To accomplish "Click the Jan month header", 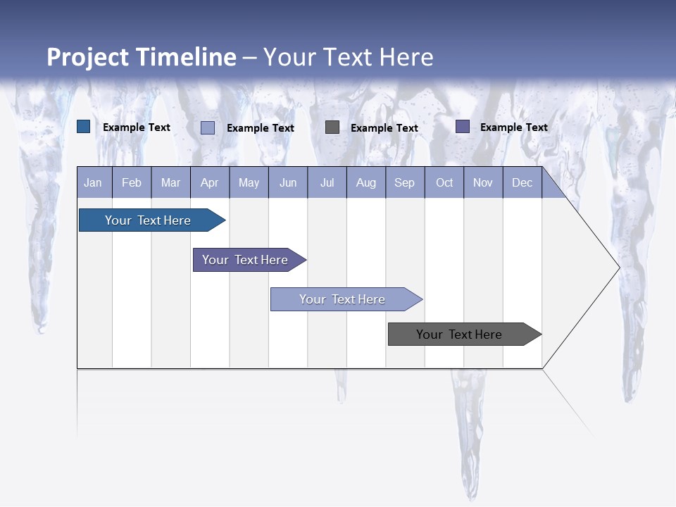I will click(x=93, y=182).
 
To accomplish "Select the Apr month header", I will click(x=209, y=182).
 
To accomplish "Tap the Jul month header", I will click(x=327, y=182).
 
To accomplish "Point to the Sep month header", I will click(x=404, y=182).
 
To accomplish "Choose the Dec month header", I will click(x=522, y=182).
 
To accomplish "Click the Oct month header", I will click(x=444, y=182).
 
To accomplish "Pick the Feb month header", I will click(x=132, y=182).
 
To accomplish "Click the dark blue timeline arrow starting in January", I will click(x=148, y=220).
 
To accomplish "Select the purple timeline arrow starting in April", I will click(x=245, y=260).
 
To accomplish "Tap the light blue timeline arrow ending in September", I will click(x=342, y=299).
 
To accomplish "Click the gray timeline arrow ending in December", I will click(x=459, y=334).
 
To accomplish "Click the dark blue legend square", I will click(x=84, y=127).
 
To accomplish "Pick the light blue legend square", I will click(x=208, y=127).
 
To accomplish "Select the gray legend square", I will click(x=332, y=127).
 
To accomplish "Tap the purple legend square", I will click(x=463, y=127).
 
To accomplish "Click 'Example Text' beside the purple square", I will click(x=513, y=127).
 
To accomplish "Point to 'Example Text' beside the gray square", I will click(x=384, y=128).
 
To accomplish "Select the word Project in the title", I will click(x=87, y=57).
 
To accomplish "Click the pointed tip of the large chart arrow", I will click(x=618, y=268).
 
